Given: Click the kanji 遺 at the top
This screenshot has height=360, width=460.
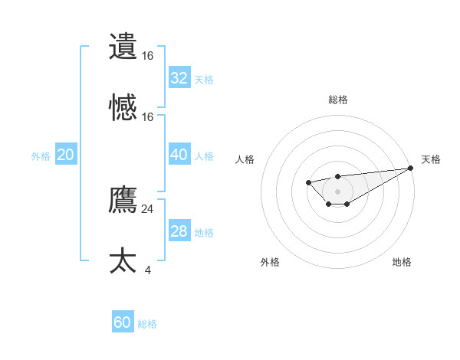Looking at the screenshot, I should pos(123,47).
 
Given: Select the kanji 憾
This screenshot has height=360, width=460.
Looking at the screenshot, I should pos(123,108).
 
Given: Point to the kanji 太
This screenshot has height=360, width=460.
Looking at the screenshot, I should pos(123,261).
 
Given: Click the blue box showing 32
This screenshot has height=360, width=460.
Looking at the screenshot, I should pos(179,77).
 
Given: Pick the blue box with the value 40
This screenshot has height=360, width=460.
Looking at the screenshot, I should pos(179,155).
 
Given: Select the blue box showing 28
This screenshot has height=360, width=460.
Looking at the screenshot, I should pos(179,231).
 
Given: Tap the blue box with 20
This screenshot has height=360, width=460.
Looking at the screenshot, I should pos(66,155).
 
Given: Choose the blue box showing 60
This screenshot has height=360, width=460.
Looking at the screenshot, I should pos(123,322).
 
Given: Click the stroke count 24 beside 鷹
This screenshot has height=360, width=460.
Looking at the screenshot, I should pos(147,208).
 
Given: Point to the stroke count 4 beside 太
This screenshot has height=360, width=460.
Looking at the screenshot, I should pos(147,270).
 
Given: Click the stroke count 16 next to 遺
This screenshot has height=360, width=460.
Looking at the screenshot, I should pos(147,55).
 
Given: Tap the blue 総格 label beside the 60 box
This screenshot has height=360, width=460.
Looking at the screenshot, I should pos(147,324).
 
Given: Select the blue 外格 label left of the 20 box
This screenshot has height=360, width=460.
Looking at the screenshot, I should pos(41,156).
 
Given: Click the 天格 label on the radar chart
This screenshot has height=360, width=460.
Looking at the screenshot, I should pos(431,159).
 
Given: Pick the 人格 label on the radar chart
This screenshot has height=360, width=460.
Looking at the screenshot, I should pos(245,159).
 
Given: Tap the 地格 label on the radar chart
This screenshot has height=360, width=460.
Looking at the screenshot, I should pos(402,262).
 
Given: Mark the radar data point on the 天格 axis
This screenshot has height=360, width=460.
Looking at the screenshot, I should pos(411,168).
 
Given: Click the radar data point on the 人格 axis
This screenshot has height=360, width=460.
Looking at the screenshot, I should pos(308,182).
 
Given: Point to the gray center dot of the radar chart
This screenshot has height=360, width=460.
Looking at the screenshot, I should pos(337,191).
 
